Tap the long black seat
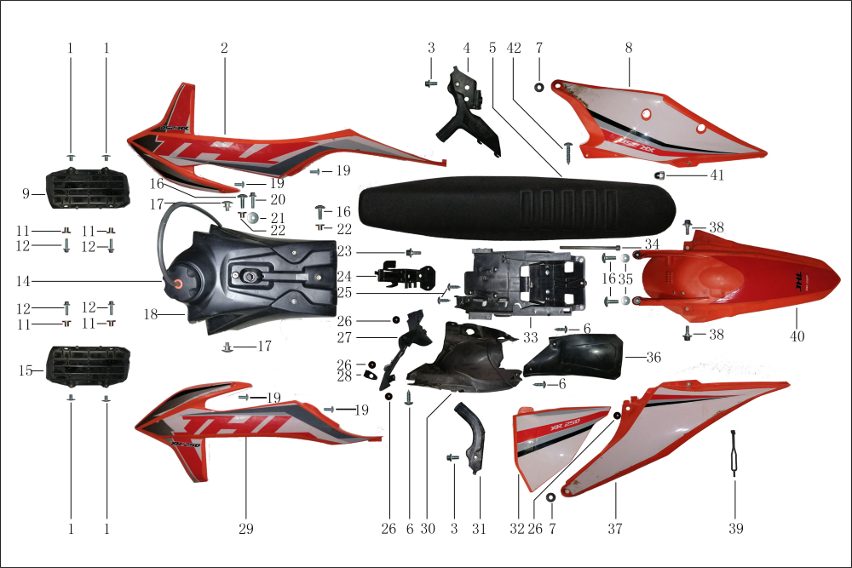(517, 209)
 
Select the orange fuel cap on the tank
(180, 283)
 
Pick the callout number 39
(736, 529)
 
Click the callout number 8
(629, 49)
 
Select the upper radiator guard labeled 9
(85, 190)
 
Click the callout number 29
(245, 529)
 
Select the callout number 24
(343, 276)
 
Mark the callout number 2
(224, 49)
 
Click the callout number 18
(150, 314)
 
